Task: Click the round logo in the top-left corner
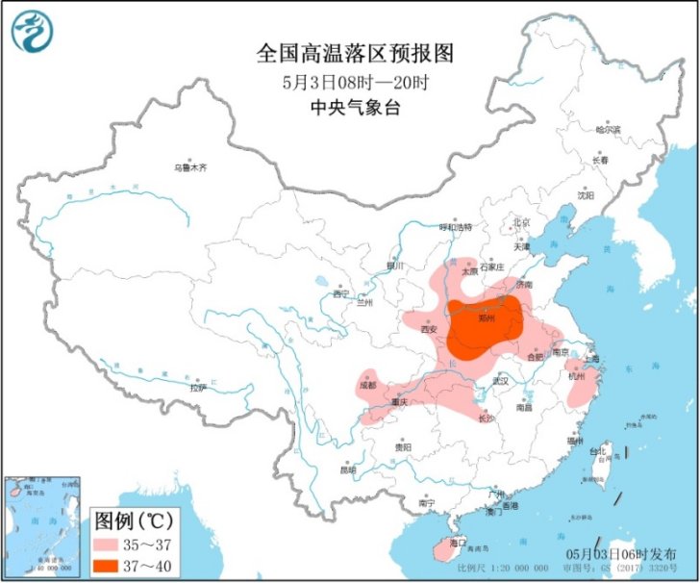[32, 32]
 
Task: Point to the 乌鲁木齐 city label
[190, 167]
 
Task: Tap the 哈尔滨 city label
[608, 129]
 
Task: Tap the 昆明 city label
[347, 469]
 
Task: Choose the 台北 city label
[598, 450]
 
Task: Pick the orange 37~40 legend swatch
[111, 565]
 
